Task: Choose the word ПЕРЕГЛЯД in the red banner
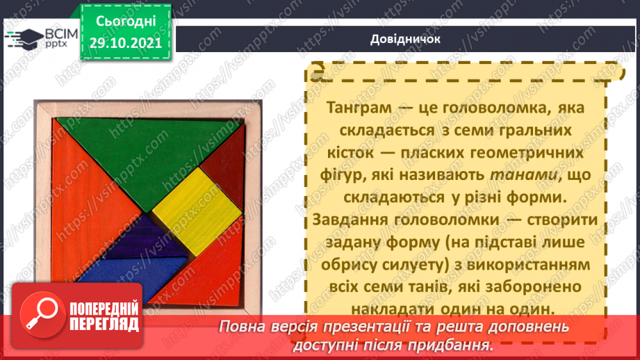point(104,325)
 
